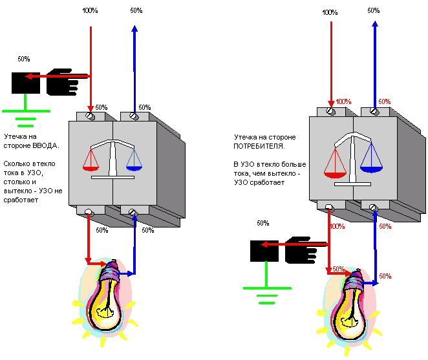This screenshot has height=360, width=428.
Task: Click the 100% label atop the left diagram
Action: (x=91, y=11)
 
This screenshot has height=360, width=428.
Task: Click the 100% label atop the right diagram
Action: (x=330, y=12)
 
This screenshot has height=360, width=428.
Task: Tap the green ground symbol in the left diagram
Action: (x=26, y=116)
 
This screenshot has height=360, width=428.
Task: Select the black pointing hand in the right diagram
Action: (x=301, y=249)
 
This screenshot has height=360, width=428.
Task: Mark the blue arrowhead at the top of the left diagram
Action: (x=134, y=28)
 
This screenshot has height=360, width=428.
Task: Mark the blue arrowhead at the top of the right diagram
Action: (x=374, y=24)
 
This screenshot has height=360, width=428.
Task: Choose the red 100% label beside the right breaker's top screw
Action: (x=343, y=102)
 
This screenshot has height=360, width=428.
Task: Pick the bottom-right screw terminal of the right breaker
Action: (x=373, y=207)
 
